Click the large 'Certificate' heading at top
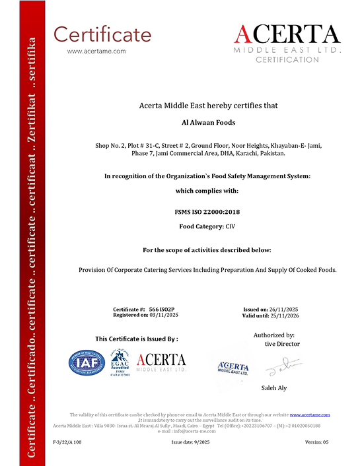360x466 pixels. click(102, 34)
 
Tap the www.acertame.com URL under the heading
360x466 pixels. click(96, 51)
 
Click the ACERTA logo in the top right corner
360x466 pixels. click(287, 41)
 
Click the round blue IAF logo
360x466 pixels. click(87, 362)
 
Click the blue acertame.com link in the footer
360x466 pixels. click(310, 415)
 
